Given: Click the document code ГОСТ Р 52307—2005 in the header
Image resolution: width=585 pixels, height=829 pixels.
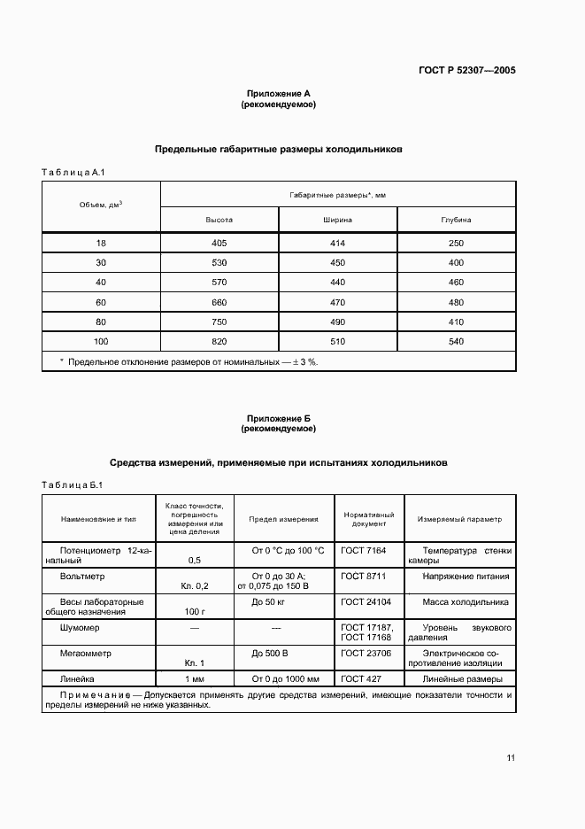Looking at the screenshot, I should tap(466, 68).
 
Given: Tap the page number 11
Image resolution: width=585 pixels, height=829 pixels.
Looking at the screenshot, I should tap(511, 757).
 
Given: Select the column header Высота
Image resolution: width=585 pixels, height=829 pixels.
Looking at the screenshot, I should tap(219, 219).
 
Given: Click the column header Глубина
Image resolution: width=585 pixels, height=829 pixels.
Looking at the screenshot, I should tap(456, 219).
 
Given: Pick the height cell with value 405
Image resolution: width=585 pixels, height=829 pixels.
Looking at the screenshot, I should tap(219, 243).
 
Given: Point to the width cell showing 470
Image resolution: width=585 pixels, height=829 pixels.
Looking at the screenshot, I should tap(337, 302).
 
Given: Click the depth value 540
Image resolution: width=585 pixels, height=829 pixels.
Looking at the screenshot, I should tap(456, 341).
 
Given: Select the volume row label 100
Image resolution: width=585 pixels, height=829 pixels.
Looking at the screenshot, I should tap(101, 341).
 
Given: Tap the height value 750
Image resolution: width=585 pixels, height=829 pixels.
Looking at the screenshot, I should tap(219, 322).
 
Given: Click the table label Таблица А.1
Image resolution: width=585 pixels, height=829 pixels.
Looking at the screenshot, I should tap(74, 173).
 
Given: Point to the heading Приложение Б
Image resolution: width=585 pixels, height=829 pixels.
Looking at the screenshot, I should tap(279, 418).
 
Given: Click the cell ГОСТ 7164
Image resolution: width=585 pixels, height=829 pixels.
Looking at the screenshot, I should tap(364, 550).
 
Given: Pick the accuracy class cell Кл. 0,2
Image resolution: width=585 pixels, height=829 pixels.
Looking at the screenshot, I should tap(194, 585).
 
